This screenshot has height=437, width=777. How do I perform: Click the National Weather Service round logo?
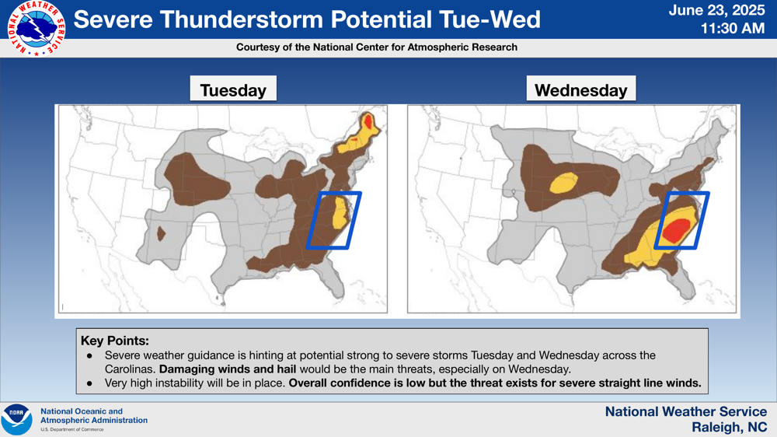[x=37, y=28]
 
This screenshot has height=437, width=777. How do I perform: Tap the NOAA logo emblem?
[x=16, y=420]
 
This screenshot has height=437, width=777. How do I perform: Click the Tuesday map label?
[x=233, y=90]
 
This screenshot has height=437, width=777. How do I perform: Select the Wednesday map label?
[x=580, y=90]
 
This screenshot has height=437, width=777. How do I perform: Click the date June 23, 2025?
[x=716, y=10]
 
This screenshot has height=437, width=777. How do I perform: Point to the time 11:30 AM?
[x=733, y=28]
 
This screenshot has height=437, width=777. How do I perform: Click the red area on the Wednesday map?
[x=677, y=230]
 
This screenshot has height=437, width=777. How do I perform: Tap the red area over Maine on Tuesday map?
[x=368, y=121]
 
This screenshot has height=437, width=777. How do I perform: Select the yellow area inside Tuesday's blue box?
[x=340, y=212]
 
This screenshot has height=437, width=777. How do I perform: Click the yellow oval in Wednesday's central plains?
[x=564, y=183]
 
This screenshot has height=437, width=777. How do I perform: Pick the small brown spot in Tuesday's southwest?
[x=161, y=233]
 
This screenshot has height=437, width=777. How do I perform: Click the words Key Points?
[x=114, y=341]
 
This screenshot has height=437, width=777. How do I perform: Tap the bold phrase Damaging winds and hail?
[x=228, y=369]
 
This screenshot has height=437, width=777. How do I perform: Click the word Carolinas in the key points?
[x=130, y=369]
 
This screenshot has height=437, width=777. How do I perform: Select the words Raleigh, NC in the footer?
[x=730, y=427]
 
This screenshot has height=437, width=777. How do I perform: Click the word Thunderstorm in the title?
[x=244, y=19]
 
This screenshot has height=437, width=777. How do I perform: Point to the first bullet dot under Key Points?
[x=89, y=355]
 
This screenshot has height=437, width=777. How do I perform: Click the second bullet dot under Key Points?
[x=89, y=383]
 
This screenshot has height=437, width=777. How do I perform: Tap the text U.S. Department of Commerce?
[x=71, y=429]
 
